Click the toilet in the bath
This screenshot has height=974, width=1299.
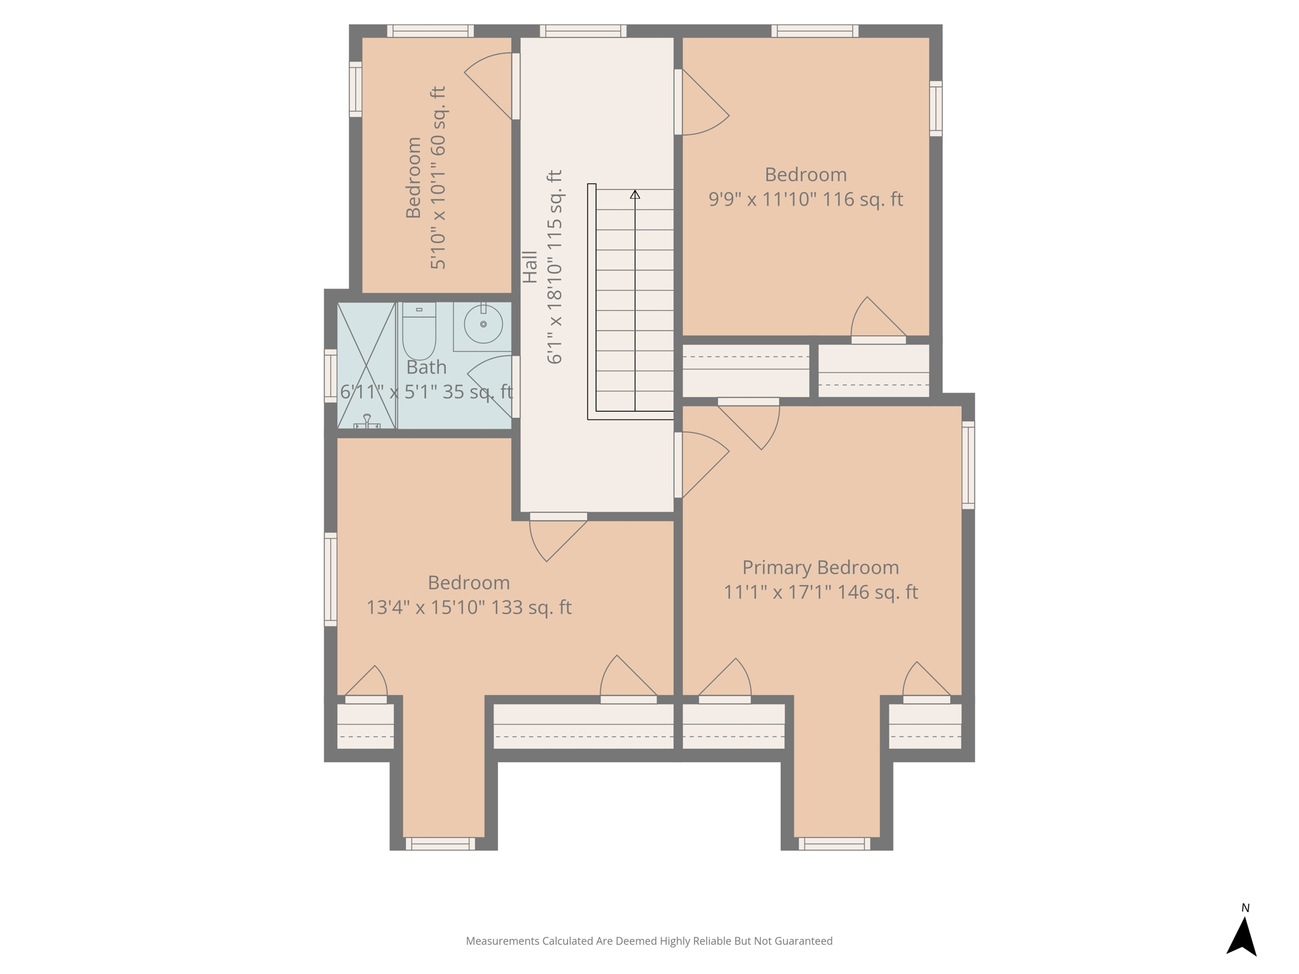419,331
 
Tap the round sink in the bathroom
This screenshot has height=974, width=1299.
483,324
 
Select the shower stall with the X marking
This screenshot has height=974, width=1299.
367,365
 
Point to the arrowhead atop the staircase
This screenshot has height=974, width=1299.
635,194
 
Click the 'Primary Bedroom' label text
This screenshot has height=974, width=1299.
821,568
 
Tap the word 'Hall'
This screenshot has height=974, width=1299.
530,267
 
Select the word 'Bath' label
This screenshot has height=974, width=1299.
426,367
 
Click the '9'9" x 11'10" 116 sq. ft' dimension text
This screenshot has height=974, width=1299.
806,199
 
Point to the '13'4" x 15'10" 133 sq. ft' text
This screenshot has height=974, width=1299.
469,607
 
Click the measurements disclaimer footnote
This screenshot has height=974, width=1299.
649,941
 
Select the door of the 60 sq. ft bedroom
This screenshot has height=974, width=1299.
489,86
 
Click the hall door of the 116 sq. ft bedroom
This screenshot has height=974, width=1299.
702,102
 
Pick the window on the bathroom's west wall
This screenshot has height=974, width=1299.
330,375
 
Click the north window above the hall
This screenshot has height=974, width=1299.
583,31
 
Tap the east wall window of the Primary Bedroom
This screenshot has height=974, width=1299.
968,465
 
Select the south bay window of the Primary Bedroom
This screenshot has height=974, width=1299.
834,843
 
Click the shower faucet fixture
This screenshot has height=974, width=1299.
367,422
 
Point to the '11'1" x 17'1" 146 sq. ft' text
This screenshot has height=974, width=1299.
821,592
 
